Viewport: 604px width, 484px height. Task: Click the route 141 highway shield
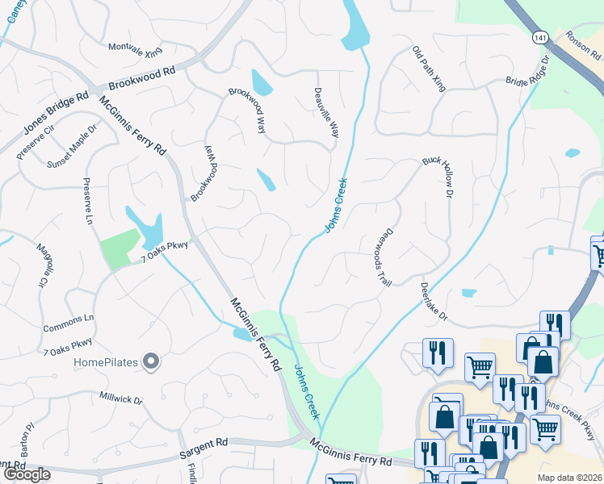pos(539,36)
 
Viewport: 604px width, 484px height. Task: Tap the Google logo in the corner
pos(26,474)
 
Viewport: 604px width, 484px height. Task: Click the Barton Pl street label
pos(30,436)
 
